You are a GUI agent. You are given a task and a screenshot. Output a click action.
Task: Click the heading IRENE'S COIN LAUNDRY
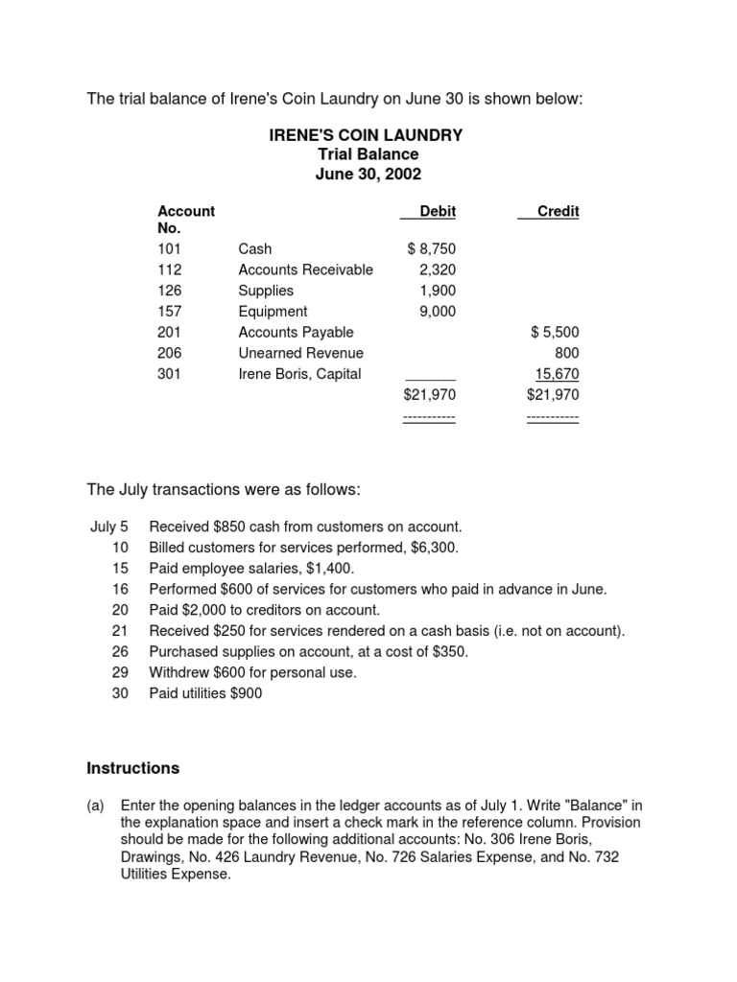366,135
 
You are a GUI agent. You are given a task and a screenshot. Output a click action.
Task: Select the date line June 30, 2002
368,174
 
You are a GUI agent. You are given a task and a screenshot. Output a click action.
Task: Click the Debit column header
438,211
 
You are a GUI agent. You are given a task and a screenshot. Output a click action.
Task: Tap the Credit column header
558,211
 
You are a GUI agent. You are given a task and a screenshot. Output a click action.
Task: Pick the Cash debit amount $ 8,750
431,248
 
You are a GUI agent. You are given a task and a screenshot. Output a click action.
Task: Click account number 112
169,269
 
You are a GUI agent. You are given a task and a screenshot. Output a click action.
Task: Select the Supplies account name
266,291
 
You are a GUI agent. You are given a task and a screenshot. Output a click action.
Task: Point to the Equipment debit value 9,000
438,312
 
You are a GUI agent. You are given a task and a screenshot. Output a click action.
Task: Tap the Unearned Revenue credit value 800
567,354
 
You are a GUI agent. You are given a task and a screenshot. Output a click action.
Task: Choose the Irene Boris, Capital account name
299,374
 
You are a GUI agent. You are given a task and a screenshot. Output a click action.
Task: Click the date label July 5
108,526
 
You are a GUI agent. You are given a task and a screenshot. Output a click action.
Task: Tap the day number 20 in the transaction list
120,610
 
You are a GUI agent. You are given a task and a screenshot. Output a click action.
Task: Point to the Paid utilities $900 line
204,693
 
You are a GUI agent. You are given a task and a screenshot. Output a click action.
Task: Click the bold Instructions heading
132,768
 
